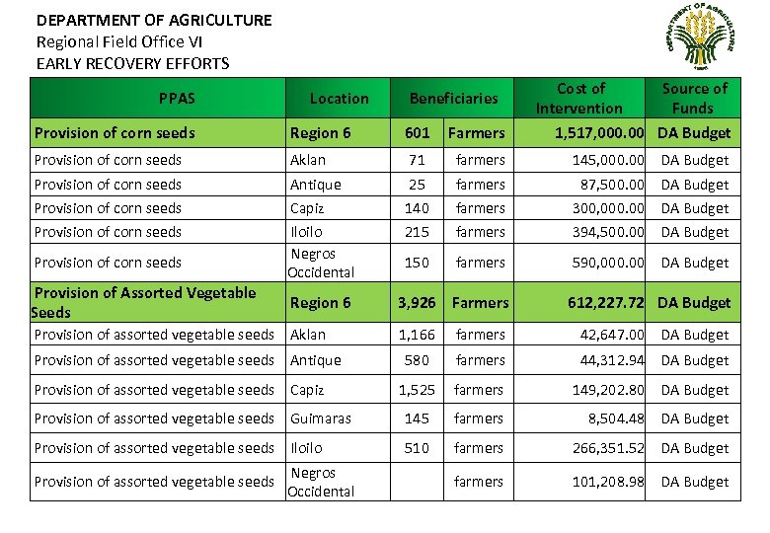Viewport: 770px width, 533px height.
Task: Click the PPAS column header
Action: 177,98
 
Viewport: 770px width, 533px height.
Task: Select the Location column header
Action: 339,98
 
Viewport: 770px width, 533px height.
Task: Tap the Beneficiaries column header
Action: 453,98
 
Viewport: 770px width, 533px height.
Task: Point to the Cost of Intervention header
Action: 579,98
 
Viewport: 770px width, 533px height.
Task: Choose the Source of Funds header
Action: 694,98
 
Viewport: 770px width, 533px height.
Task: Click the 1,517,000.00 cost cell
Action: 599,132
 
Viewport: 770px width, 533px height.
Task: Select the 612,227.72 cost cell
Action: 606,302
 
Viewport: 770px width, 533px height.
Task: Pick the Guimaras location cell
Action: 320,419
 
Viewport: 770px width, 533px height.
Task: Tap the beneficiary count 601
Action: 418,132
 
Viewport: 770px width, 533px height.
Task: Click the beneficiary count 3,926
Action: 417,302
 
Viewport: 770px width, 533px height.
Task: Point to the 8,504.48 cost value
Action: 616,419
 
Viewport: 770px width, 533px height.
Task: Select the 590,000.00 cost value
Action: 609,263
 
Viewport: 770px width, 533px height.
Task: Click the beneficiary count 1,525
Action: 417,390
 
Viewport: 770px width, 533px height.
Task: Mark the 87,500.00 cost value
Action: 612,185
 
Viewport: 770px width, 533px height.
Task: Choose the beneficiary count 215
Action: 418,232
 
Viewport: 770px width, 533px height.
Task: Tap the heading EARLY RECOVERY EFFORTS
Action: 132,63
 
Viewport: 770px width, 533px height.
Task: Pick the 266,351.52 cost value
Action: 609,448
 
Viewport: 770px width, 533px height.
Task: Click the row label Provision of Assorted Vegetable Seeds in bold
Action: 144,302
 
